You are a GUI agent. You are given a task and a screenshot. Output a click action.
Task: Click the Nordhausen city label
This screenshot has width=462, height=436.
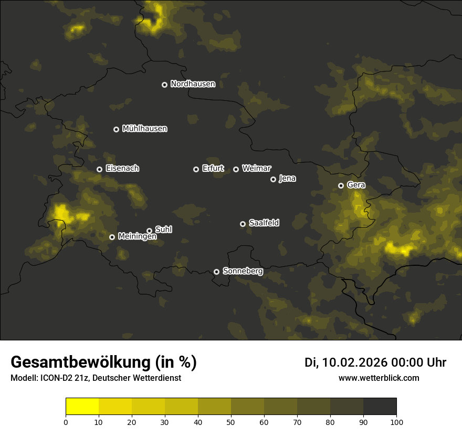coord(193,84)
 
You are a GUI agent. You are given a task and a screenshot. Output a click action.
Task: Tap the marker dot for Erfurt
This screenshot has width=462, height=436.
coord(196,169)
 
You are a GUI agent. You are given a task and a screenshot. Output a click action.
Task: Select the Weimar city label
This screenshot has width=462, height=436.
coord(256,169)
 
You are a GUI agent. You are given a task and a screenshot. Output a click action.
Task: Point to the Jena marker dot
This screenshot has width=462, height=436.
coord(273,179)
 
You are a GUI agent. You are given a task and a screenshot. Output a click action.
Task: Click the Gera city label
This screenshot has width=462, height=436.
coord(356,185)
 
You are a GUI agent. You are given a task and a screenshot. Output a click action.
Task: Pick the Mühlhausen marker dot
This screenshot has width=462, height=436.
coord(117,129)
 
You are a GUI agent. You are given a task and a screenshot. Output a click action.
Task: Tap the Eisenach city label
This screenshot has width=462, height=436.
coord(122,169)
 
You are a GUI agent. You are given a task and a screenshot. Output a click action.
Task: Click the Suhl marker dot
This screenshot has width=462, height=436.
coord(150,231)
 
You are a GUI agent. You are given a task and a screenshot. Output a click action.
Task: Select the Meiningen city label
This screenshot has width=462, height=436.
coord(137,237)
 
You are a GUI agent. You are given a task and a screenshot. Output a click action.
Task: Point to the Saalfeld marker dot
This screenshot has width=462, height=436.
coord(243,224)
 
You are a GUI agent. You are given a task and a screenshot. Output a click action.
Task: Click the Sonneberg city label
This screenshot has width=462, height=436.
coord(243,272)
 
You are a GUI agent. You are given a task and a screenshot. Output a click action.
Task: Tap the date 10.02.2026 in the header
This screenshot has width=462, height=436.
coord(353,362)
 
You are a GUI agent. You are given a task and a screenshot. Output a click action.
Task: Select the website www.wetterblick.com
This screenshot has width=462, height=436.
coord(379,378)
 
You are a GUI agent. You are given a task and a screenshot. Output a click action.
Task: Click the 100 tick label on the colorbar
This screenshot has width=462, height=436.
coord(396,422)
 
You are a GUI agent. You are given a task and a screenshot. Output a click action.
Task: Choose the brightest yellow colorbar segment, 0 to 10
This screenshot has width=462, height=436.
coord(82,407)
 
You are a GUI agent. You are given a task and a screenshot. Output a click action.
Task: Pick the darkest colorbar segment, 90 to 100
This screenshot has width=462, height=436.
coord(380,407)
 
